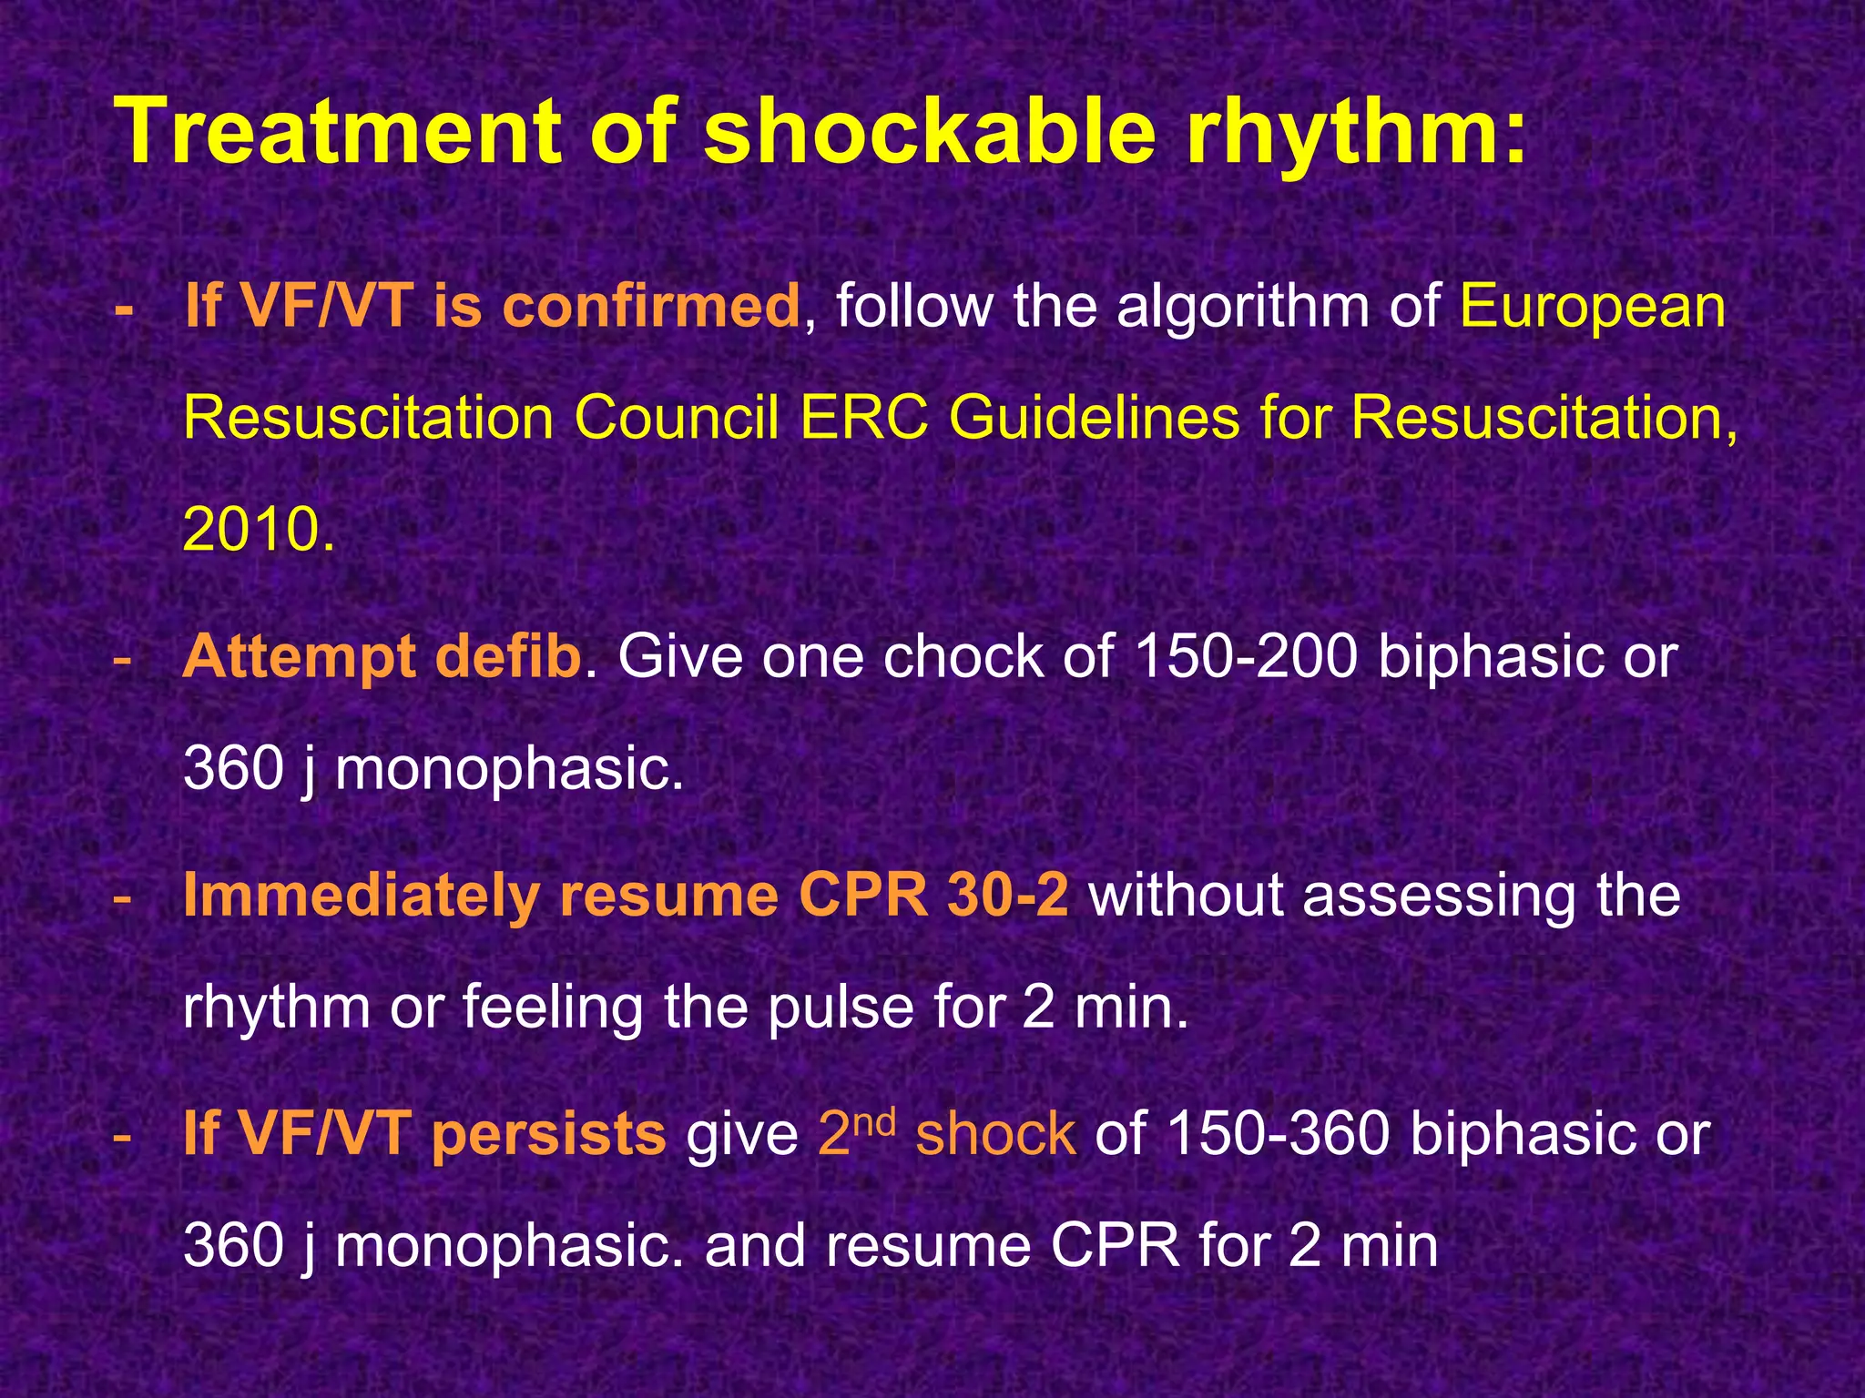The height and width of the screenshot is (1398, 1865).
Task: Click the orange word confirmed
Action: point(651,306)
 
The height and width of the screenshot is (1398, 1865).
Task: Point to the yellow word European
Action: point(1593,308)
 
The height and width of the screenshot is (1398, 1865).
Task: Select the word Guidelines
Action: point(1094,419)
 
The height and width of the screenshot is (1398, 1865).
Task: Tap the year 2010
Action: point(258,530)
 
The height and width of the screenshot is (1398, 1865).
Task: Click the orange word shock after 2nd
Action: point(995,1134)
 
